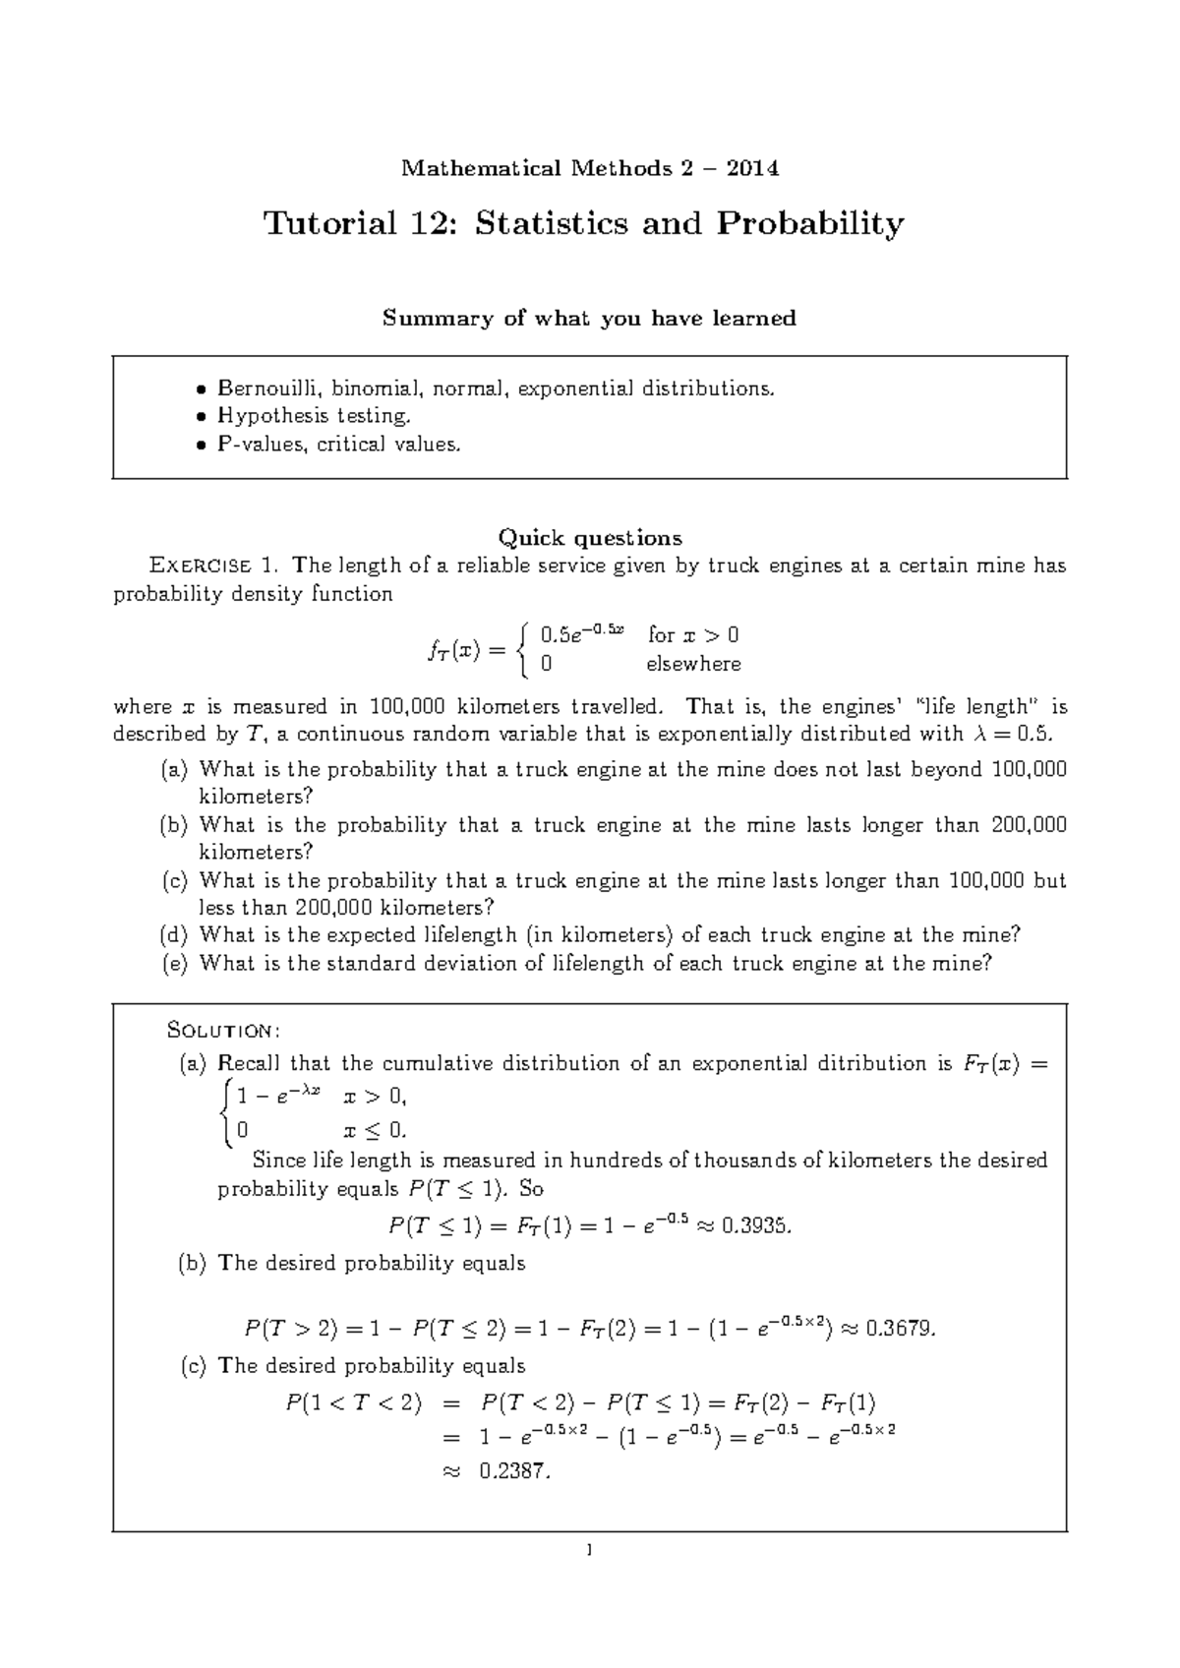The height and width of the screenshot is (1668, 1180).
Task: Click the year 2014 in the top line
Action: [752, 169]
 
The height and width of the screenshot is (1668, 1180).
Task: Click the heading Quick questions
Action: [589, 538]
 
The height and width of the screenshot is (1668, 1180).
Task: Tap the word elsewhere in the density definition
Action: [693, 665]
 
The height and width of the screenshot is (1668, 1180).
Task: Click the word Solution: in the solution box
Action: [225, 1031]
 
